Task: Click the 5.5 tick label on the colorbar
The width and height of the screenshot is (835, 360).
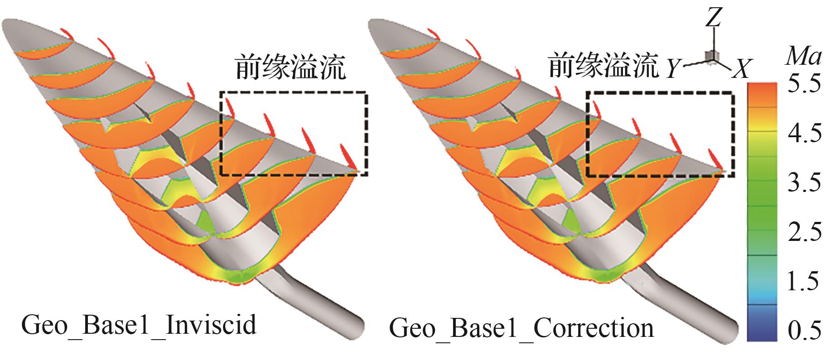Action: (804, 85)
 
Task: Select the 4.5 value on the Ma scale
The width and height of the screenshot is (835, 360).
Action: (804, 134)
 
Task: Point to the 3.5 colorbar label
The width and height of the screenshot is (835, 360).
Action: (804, 183)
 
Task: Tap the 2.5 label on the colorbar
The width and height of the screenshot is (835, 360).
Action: (804, 232)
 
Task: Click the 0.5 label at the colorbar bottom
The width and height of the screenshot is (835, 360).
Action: (804, 330)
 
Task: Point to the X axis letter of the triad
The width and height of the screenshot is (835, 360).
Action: (741, 69)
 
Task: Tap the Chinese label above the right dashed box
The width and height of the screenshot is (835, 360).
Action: (603, 67)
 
